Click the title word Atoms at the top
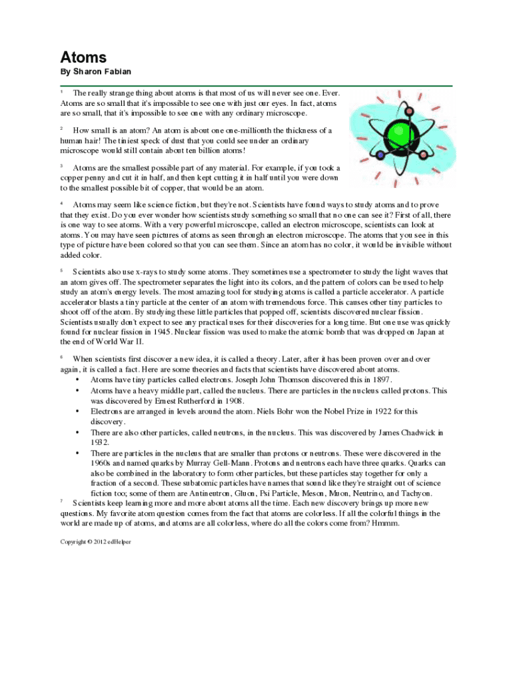coord(83,57)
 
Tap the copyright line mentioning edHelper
coord(96,541)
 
